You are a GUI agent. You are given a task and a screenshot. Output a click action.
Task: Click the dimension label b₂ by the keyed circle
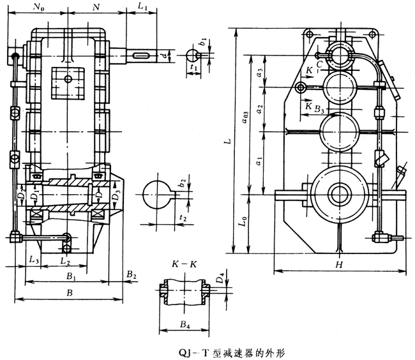183,183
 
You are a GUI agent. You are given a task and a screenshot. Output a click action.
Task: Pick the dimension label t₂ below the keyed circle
183,218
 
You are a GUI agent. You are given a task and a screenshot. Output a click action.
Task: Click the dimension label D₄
220,279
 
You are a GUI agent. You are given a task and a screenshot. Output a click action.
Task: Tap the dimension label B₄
185,324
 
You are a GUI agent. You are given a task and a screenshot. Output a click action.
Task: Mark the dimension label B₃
320,111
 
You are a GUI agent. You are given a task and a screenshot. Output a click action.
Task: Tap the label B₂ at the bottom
131,274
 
